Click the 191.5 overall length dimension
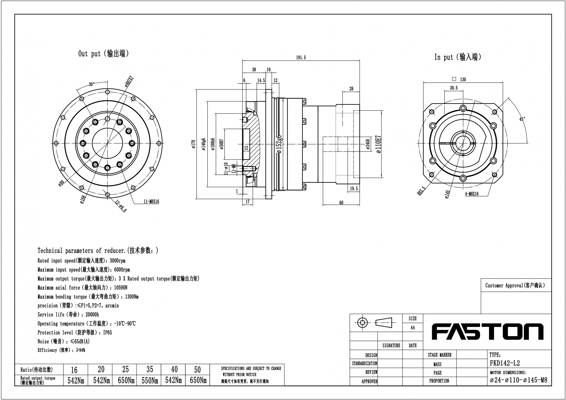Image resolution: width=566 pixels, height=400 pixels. [x=301, y=58]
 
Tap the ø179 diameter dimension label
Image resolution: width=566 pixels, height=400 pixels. [x=194, y=144]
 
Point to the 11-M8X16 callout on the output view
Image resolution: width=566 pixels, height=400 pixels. [x=151, y=202]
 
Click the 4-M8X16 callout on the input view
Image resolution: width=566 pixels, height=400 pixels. [x=472, y=194]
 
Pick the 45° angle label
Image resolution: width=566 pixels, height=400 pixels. [x=522, y=119]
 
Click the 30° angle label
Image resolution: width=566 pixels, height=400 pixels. [x=91, y=84]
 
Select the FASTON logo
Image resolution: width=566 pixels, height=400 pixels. [x=487, y=332]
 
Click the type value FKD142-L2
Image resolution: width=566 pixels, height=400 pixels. [x=505, y=363]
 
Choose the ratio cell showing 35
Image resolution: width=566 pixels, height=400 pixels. [x=150, y=369]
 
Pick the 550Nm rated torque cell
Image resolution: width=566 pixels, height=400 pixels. [x=150, y=380]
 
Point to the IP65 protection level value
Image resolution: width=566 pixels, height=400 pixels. [x=108, y=333]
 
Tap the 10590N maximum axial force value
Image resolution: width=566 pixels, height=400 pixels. [x=121, y=288]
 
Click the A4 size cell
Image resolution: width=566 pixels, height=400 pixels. [x=413, y=328]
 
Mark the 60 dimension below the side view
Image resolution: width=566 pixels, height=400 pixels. [x=341, y=203]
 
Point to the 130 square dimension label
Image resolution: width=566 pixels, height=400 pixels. [x=463, y=79]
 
